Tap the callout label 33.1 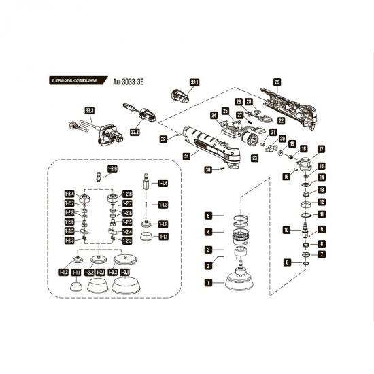(x=194, y=83)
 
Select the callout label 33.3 (x=89, y=110)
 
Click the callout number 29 (x=277, y=82)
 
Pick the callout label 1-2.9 (x=112, y=168)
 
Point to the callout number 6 (x=288, y=262)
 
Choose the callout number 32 (x=163, y=139)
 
